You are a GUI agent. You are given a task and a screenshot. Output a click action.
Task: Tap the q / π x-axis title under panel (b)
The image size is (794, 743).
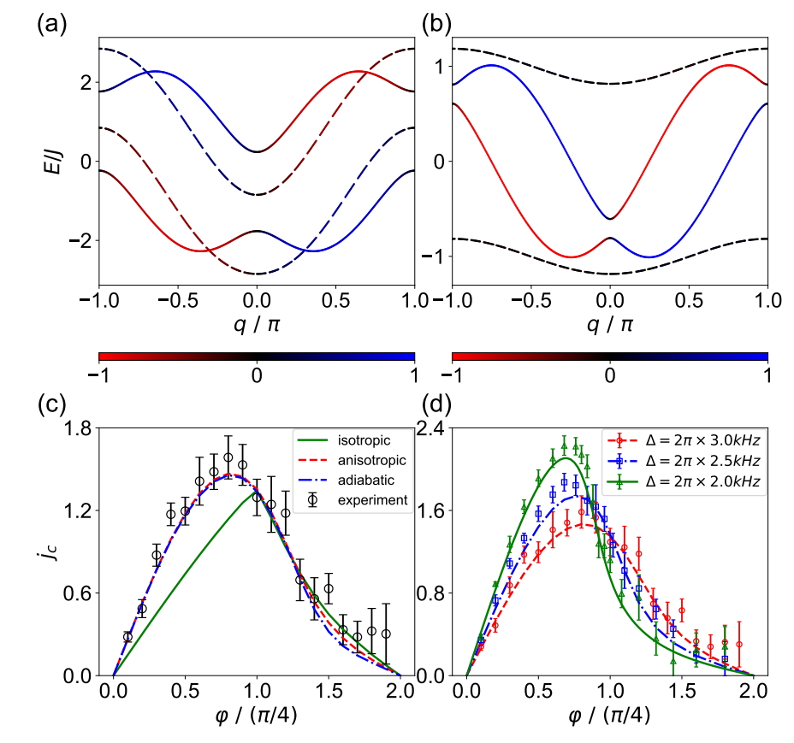610,326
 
